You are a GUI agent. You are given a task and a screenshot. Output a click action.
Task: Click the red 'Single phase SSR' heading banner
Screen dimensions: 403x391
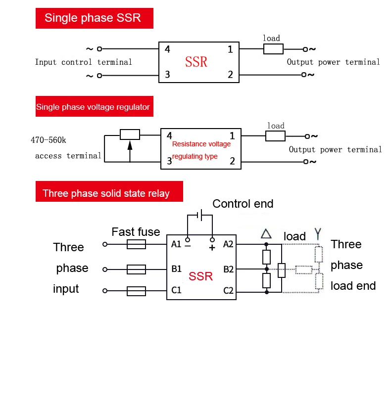coord(94,18)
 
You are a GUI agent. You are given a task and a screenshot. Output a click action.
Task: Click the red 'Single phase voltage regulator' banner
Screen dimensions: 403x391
coord(93,107)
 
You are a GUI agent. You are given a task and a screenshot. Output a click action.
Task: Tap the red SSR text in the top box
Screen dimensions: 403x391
coord(196,62)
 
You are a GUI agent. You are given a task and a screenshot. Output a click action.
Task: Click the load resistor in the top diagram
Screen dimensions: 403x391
coord(273,49)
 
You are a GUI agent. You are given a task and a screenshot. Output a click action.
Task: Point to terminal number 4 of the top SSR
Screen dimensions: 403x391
coord(167,49)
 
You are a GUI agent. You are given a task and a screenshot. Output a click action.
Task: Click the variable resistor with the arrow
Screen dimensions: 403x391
coord(130,134)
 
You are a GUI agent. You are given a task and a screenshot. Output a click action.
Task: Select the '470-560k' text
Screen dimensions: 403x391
coord(49,140)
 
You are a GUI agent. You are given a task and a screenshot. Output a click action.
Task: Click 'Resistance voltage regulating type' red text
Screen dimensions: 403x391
coord(200,150)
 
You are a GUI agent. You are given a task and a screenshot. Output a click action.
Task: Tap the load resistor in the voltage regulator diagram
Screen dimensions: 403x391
coord(276,136)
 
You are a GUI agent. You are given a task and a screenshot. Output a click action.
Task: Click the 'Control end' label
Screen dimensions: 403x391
coord(243,204)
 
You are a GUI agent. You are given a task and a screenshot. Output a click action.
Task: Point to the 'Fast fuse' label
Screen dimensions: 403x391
coord(136,232)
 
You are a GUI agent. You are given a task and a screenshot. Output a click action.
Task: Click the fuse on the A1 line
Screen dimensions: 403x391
coord(136,244)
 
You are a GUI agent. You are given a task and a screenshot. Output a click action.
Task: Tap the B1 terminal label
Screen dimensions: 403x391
coord(176,269)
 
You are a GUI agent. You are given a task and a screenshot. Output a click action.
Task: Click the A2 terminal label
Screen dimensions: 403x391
coord(228,244)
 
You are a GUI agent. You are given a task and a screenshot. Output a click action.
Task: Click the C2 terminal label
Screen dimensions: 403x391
coord(228,291)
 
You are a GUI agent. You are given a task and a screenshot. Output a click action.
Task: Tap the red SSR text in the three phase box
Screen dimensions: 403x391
coord(200,275)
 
